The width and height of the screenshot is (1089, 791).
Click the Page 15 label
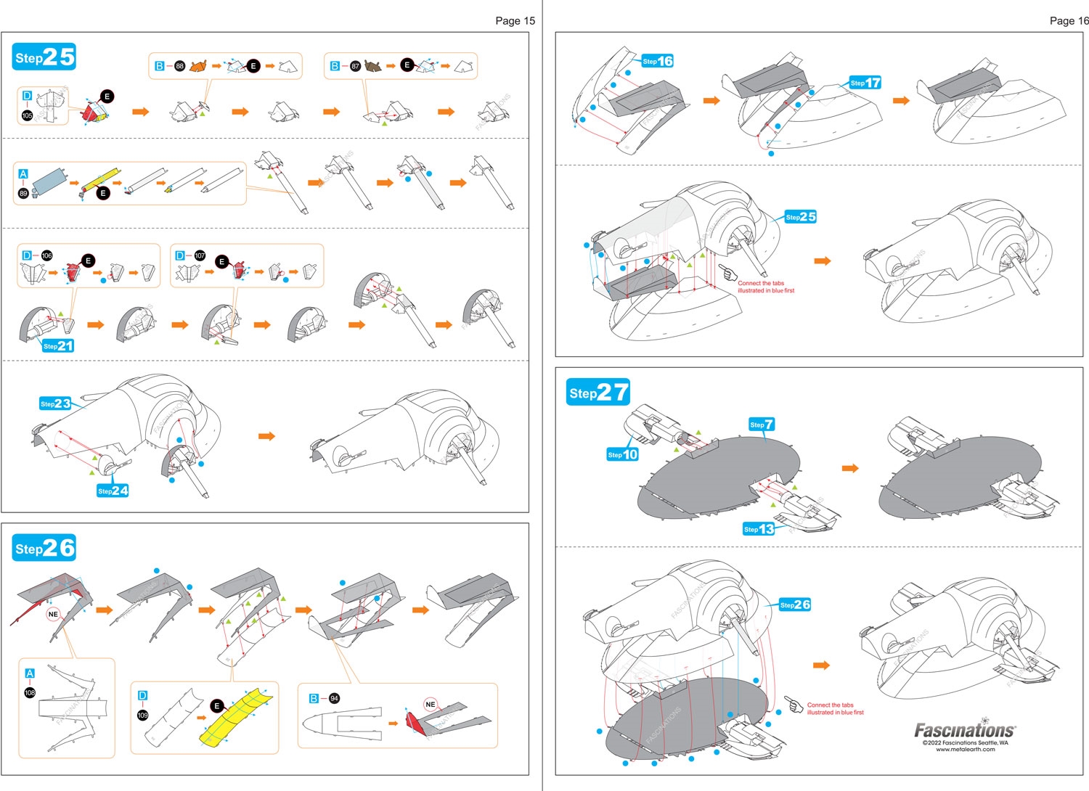tap(515, 20)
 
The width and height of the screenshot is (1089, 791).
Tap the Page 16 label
tap(1069, 20)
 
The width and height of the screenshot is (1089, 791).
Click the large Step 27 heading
tap(597, 393)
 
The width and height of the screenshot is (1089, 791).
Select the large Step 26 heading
tap(44, 548)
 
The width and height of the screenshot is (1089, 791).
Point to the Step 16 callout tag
tap(658, 61)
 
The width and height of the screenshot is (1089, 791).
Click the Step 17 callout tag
tap(865, 83)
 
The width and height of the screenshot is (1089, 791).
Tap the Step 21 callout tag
tap(58, 346)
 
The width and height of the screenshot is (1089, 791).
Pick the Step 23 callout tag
tap(56, 403)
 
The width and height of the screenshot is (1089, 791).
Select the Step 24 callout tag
tap(113, 491)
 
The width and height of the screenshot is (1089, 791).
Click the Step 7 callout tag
tap(762, 425)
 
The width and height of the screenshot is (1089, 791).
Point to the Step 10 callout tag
tap(623, 454)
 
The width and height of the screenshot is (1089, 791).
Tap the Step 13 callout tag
tap(759, 529)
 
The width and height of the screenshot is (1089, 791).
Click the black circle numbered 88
tap(180, 66)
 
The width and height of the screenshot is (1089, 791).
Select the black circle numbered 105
tap(28, 115)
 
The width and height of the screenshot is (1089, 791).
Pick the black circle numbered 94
tap(334, 698)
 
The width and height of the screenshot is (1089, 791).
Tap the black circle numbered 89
tap(23, 193)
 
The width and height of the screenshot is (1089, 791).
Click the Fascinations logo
tap(965, 729)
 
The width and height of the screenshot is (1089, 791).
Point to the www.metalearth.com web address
tap(965, 750)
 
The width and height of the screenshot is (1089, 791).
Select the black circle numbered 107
tap(200, 255)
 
